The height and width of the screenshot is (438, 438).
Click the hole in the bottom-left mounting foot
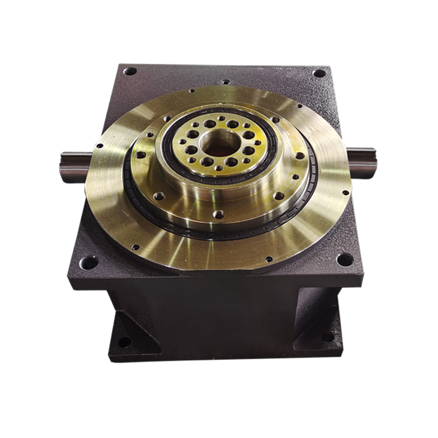[125, 343]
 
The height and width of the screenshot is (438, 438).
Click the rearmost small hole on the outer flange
[192, 93]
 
